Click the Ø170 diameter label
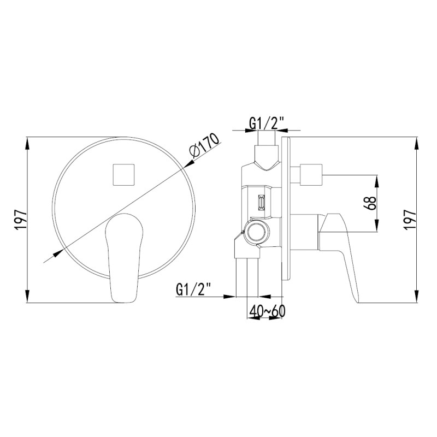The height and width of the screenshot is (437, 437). coord(204,147)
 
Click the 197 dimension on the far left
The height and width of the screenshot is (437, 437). coord(21,220)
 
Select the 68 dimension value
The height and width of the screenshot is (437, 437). coord(370,203)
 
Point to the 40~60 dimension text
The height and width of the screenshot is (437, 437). coord(267,311)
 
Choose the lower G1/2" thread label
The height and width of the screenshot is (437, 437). coord(193,290)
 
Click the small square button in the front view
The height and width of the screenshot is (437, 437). coord(123,175)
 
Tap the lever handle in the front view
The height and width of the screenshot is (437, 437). coord(124,258)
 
